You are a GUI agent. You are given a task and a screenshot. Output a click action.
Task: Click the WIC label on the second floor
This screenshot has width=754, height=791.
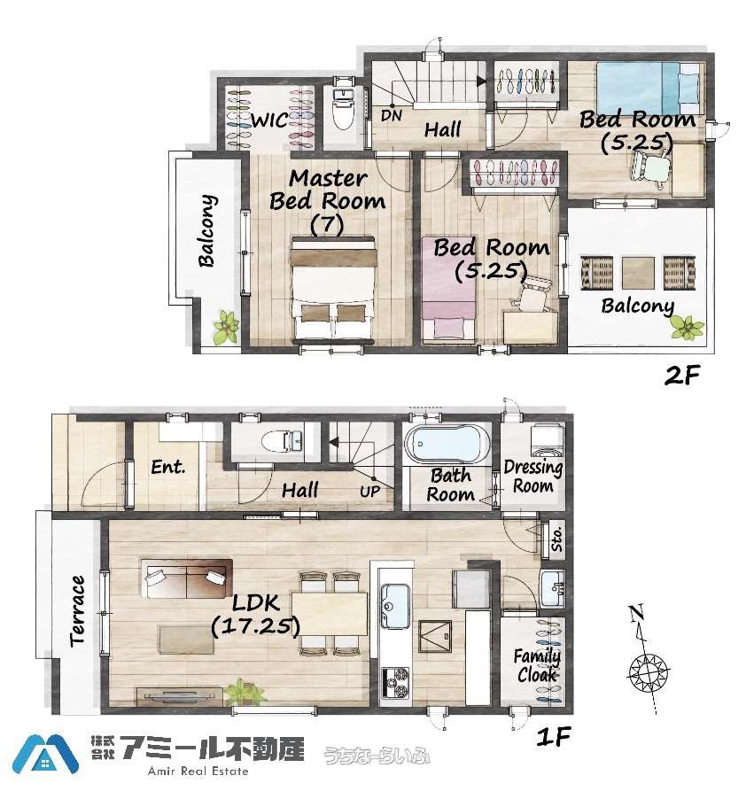tap(270, 120)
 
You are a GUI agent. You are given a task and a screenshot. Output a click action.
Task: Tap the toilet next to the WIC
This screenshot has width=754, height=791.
tap(344, 109)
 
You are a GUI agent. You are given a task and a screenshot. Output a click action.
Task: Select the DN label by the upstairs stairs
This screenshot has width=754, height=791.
tap(392, 115)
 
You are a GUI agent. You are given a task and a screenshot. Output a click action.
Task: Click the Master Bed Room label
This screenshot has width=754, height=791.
tap(328, 190)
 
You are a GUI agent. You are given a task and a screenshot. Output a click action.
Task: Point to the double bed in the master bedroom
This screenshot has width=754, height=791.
tap(334, 288)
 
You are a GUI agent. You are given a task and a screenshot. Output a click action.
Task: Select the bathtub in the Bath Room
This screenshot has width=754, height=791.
tap(447, 444)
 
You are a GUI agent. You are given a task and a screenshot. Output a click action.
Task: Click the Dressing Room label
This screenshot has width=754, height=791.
tap(533, 477)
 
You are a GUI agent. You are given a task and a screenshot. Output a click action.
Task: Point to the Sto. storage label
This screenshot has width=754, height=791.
tap(556, 539)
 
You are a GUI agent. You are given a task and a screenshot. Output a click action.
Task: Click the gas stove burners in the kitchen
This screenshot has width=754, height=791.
tap(395, 681)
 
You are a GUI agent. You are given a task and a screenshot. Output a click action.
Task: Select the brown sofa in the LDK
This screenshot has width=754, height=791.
tap(187, 578)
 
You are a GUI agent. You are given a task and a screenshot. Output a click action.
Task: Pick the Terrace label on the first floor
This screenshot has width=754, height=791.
tap(77, 610)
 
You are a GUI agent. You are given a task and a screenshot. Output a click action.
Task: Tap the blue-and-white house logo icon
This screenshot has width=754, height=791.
tap(45, 755)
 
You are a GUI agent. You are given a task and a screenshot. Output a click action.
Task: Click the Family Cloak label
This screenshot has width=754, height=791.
tap(537, 665)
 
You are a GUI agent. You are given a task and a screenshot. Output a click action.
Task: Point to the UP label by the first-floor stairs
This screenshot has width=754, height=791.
tap(370, 491)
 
